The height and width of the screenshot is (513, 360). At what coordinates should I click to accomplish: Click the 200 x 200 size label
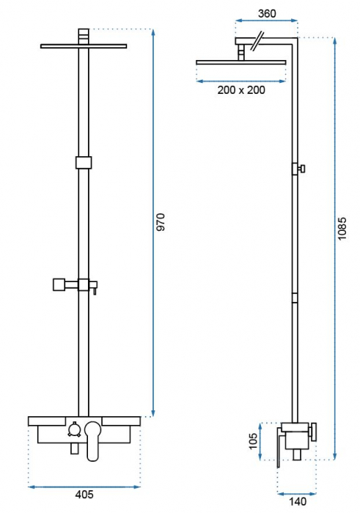click(x=242, y=89)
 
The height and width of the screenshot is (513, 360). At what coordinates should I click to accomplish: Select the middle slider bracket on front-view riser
click(x=85, y=162)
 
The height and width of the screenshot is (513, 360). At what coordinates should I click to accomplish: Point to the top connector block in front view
click(x=85, y=34)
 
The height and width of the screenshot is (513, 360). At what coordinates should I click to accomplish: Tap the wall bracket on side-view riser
click(x=298, y=169)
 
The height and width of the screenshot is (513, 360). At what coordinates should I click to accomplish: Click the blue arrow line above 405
click(x=85, y=485)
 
